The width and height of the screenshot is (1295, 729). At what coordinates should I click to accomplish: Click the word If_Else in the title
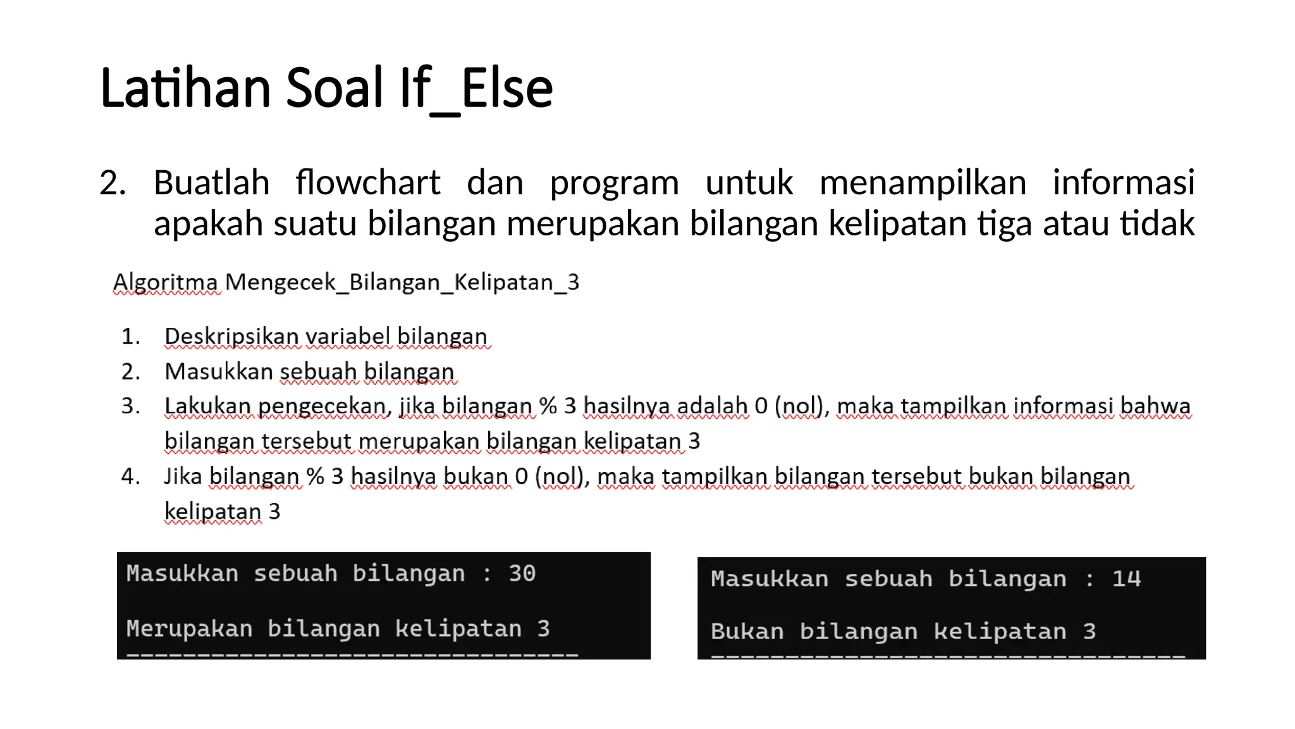pos(476,88)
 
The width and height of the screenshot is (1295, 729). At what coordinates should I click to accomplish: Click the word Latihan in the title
pos(185,88)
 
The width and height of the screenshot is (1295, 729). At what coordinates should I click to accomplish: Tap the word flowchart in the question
pos(367,183)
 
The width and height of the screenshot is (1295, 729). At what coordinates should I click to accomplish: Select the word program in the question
pos(614,184)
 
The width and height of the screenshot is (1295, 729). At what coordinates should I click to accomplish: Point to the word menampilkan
pos(923,183)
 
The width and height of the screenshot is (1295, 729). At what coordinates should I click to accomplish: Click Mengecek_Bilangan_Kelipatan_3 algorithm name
pos(402,282)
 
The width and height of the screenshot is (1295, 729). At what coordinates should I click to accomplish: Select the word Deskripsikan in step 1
pos(231,336)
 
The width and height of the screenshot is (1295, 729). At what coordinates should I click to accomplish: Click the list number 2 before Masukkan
pos(130,371)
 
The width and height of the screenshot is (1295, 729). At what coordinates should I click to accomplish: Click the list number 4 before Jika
pos(130,476)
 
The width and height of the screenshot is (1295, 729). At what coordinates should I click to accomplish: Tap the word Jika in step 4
pos(183,476)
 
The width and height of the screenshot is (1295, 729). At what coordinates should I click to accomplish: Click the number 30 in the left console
pos(522,573)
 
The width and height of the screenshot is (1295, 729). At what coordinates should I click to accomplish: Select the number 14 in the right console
pos(1126,578)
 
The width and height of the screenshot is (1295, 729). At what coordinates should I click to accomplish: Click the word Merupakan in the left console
pos(189,628)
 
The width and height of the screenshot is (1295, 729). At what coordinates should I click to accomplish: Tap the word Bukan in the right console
pos(747,632)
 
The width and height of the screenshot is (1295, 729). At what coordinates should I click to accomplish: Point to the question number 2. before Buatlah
pos(113,183)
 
